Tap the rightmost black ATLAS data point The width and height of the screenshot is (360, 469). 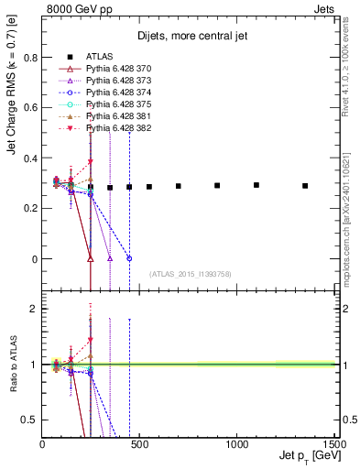[x=305, y=186]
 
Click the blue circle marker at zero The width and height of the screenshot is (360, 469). [x=129, y=258]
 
